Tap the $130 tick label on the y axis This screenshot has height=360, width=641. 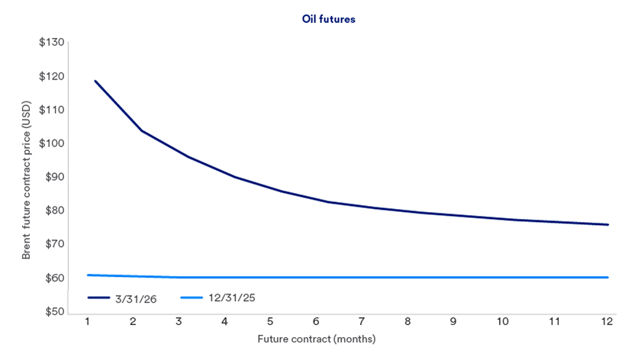click(x=51, y=42)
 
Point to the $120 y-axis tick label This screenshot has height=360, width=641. click(x=51, y=76)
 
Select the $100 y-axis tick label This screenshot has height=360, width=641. click(x=51, y=143)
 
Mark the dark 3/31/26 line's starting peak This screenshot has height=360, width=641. click(x=95, y=81)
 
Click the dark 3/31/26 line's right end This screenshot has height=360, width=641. click(x=608, y=224)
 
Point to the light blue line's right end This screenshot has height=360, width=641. click(x=608, y=277)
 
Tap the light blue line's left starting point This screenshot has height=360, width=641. click(x=88, y=275)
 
